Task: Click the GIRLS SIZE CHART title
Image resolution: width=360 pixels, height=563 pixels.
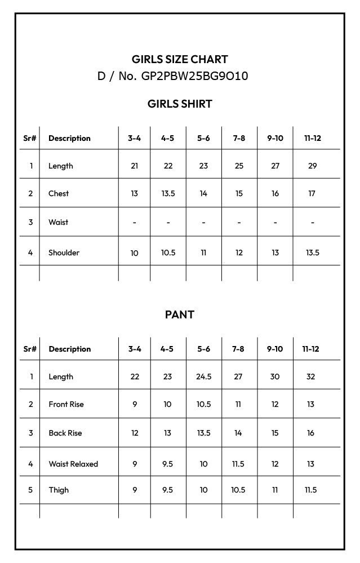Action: click(x=180, y=59)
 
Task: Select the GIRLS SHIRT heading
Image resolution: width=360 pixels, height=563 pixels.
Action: click(x=180, y=104)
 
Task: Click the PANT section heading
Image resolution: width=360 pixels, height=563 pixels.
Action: click(x=180, y=314)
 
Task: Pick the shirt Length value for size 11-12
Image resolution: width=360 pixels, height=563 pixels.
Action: click(x=313, y=166)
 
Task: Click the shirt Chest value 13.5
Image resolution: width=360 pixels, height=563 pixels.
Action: click(x=168, y=193)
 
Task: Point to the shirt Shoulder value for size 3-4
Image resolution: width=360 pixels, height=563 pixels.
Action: click(x=134, y=253)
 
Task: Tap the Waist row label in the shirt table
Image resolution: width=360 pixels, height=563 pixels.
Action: click(x=58, y=222)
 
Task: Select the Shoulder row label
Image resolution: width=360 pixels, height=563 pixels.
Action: click(x=64, y=252)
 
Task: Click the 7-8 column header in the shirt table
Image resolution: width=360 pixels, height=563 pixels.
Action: click(x=239, y=138)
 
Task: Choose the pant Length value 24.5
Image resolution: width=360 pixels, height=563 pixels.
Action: click(x=203, y=376)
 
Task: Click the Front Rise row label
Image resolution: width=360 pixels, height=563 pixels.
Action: click(x=66, y=404)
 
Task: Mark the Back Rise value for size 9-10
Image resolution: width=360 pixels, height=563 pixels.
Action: click(x=275, y=433)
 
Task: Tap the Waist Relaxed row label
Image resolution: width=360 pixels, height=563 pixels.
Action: click(x=73, y=464)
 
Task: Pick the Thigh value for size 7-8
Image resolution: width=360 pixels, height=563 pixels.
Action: click(x=238, y=490)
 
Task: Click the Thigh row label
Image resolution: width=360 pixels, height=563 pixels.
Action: click(x=59, y=490)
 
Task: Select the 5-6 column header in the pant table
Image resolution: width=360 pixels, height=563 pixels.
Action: click(x=203, y=349)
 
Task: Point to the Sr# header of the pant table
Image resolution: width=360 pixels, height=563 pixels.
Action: click(x=30, y=349)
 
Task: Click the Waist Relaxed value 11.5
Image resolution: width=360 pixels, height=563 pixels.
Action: click(x=238, y=464)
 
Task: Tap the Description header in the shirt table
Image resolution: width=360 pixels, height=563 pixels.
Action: click(x=69, y=138)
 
